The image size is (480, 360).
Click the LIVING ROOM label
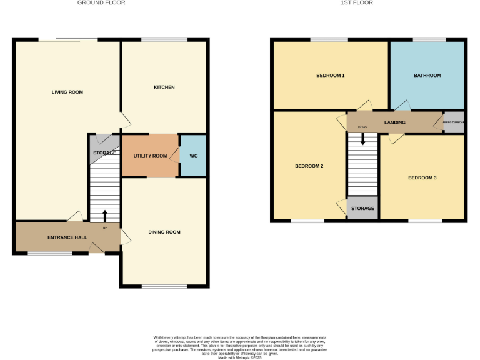67,92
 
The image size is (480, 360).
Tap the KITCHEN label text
164,87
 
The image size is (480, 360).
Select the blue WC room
193,155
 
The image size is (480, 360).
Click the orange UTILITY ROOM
150,155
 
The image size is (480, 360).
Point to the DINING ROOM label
164,232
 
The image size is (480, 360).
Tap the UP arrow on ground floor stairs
104,216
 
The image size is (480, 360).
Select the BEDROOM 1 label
330,76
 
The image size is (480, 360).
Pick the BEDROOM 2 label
309,166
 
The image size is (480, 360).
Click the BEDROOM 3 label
422,178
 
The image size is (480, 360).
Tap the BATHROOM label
427,76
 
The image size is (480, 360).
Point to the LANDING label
395,122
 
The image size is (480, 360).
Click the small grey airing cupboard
454,122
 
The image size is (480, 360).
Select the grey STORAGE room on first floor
362,209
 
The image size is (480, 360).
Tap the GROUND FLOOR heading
101,3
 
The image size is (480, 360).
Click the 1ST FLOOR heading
357,3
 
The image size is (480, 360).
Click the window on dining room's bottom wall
164,286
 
